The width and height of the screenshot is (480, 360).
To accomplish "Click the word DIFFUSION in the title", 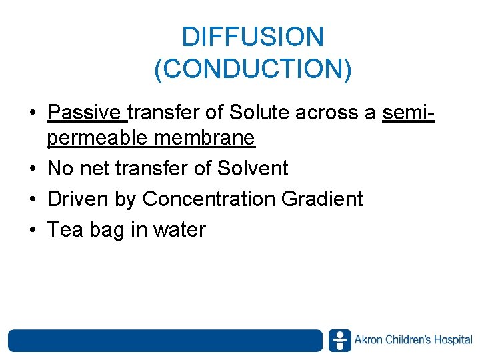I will (x=253, y=37).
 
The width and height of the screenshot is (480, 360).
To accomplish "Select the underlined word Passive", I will (x=86, y=113).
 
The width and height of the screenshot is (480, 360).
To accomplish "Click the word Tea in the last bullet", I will (x=64, y=229).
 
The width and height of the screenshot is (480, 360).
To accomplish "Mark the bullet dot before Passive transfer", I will (x=33, y=113).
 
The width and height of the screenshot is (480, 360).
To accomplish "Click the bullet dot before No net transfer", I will (x=33, y=169).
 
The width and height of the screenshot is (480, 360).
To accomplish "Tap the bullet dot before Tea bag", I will (x=33, y=230).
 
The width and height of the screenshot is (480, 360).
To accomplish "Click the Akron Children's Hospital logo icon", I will (x=339, y=341).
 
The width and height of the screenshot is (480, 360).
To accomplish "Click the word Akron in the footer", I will (x=369, y=340).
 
